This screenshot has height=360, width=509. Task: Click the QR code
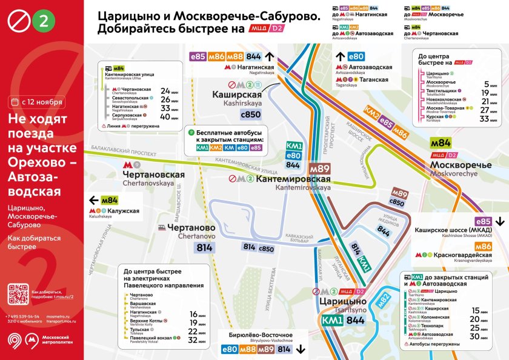coord(18,294)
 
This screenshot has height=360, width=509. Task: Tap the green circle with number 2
coord(42,21)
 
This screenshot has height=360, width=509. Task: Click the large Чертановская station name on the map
coord(153,175)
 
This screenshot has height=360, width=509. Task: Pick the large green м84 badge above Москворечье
coord(441,143)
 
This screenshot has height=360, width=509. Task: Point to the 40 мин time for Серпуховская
coord(165,117)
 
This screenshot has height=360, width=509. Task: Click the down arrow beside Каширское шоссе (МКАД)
coord(500,222)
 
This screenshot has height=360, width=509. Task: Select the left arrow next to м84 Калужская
coord(93,201)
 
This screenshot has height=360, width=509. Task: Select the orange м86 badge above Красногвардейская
coord(483,246)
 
